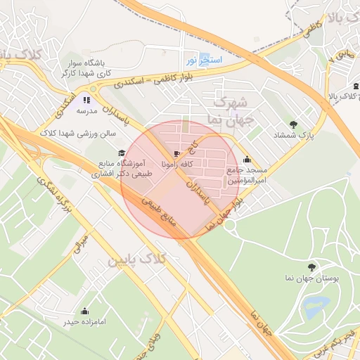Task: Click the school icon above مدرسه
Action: [86, 100]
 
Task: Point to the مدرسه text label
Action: [86, 111]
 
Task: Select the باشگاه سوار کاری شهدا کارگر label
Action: [88, 68]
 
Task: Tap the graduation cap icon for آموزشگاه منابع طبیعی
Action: [121, 153]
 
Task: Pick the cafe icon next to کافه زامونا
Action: [175, 153]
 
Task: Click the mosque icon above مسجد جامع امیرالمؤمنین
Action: [246, 160]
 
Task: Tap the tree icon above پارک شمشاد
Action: [303, 124]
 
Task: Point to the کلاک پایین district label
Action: [137, 259]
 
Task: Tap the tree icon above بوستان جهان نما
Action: [311, 266]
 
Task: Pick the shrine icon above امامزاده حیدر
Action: [85, 311]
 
